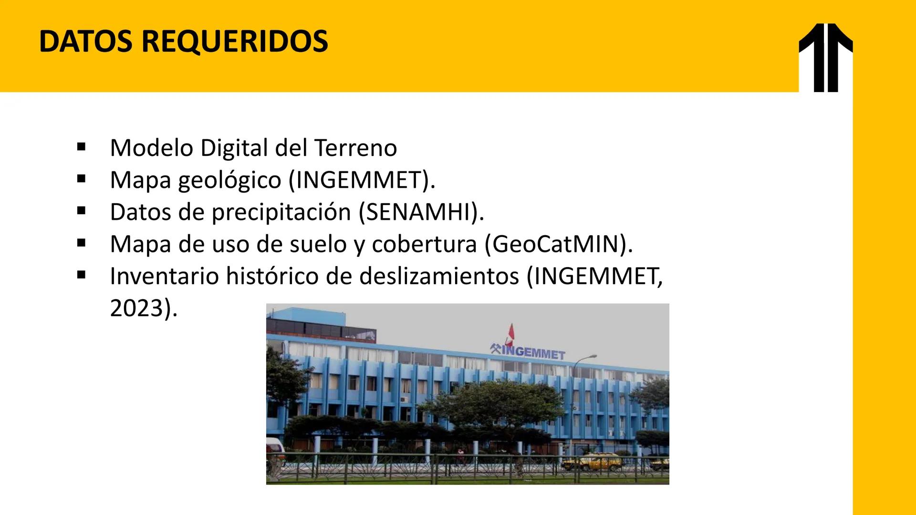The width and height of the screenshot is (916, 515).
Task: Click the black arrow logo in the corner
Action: (825, 57)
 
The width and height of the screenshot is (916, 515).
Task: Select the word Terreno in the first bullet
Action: (355, 148)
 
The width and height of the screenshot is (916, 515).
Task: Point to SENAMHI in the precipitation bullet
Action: (418, 212)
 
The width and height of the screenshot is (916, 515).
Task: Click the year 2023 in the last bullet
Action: (136, 308)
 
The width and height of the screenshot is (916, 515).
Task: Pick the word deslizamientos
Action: (439, 276)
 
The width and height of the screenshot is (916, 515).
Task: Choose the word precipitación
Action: (281, 212)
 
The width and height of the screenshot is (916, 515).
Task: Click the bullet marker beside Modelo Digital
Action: (81, 147)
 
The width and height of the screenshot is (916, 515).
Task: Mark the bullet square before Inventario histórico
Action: (81, 275)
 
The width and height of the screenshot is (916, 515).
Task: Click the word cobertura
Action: (424, 244)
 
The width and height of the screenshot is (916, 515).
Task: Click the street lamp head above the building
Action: (592, 356)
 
